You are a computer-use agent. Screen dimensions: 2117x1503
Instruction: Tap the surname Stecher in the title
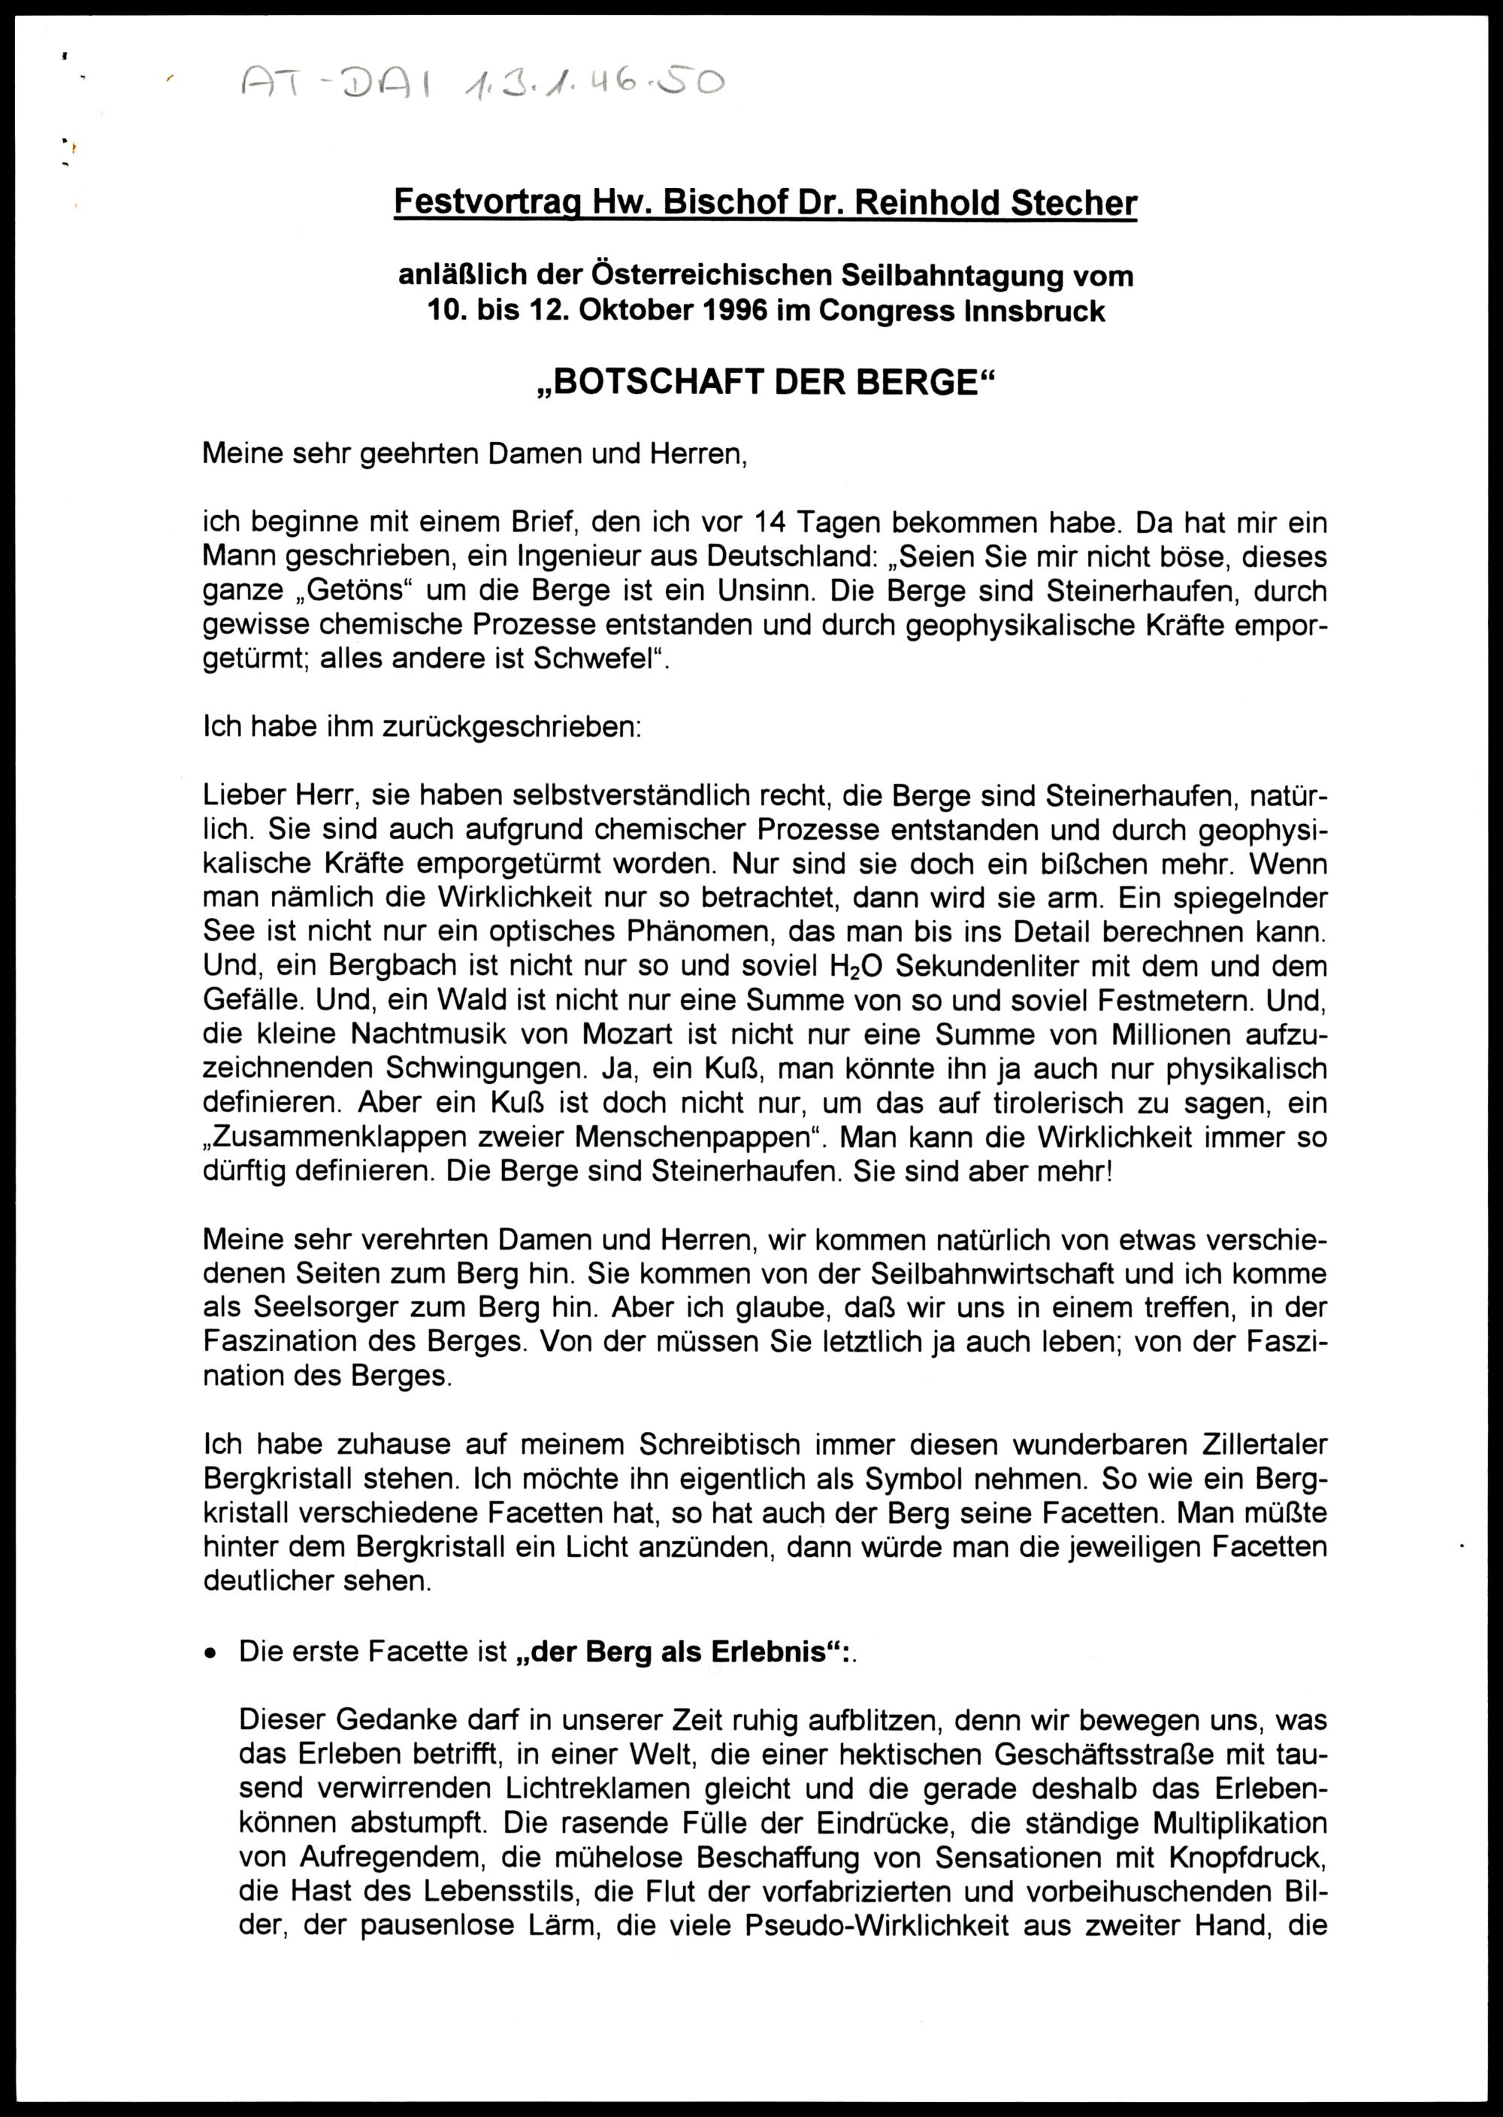1074,203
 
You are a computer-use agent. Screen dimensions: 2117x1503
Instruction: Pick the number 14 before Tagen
772,524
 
